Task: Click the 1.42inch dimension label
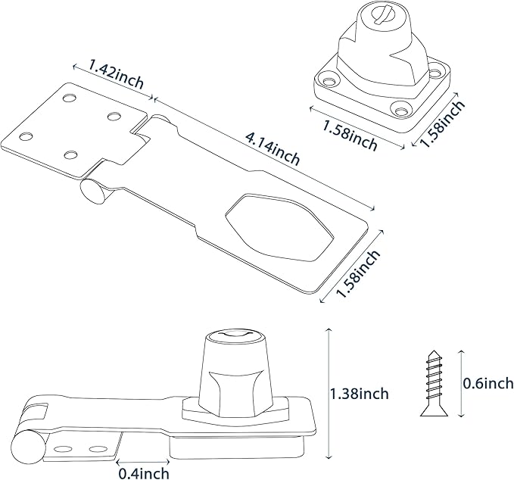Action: (115, 73)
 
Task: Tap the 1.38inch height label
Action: (360, 394)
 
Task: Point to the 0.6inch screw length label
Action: (488, 384)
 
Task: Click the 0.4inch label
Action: (144, 474)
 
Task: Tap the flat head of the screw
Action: (429, 413)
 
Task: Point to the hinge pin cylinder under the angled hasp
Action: (93, 190)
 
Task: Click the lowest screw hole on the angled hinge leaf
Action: (70, 154)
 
